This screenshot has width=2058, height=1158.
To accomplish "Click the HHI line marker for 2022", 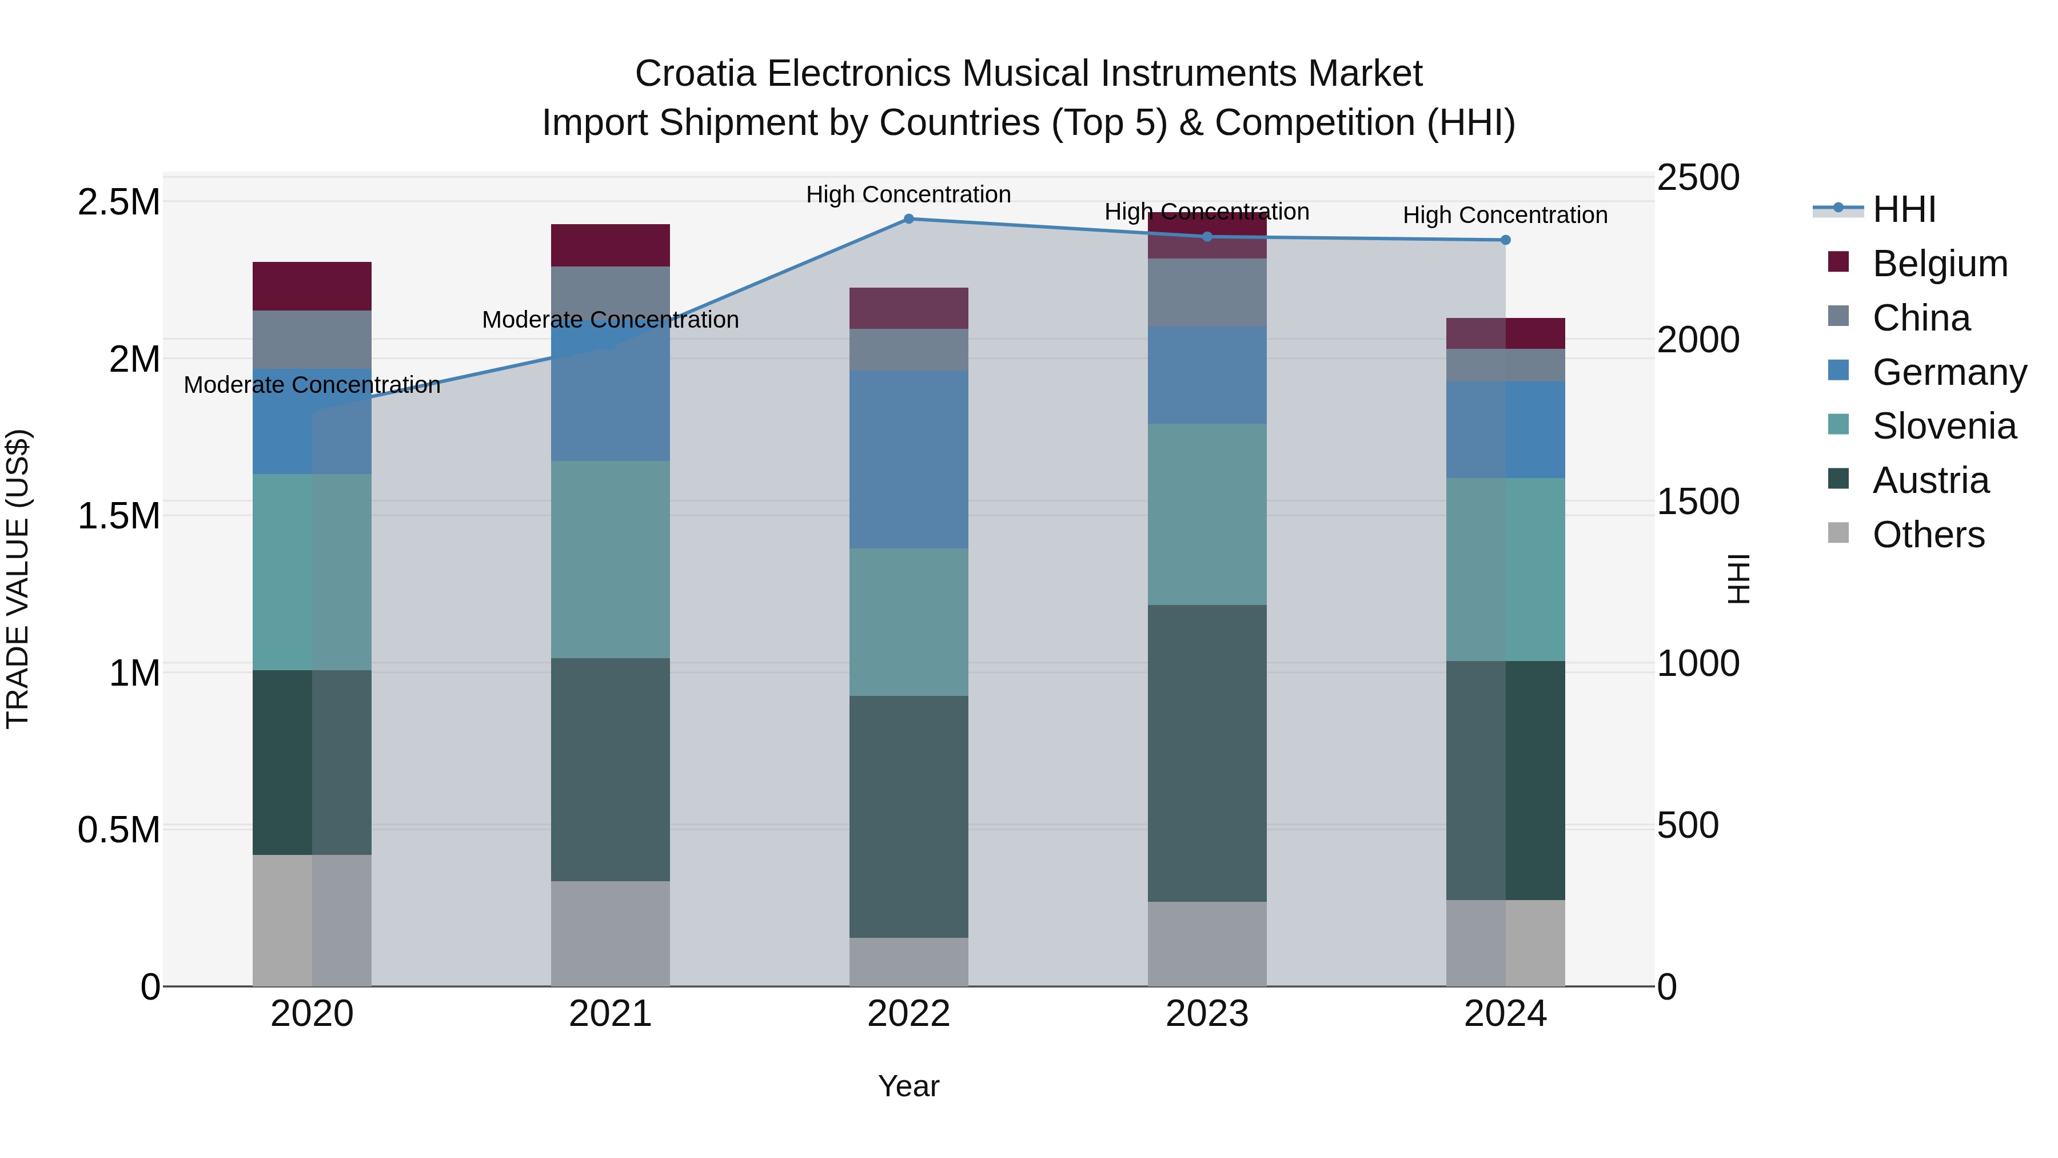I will pos(908,219).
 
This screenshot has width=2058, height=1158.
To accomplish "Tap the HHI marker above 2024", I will pos(1505,240).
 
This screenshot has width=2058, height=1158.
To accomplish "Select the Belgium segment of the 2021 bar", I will pos(611,245).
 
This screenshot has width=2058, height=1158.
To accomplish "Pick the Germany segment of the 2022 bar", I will pos(908,460).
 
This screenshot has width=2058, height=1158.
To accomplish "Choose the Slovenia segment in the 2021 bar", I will pos(611,559).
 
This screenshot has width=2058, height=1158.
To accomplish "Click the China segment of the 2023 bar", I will pos(1207,292).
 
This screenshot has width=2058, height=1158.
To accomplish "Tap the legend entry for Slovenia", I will pos(1944,426).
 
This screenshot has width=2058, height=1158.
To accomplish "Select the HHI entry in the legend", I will pos(1904,209).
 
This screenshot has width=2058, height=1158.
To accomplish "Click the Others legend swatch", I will pos(1838,533).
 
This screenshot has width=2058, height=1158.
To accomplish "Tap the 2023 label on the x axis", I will pos(1207,1014).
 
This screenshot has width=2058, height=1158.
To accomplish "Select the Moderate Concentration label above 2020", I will pos(312,385).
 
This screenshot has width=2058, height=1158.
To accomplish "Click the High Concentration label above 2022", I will pos(908,195).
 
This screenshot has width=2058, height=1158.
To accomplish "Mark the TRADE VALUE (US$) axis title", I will pos(18,579).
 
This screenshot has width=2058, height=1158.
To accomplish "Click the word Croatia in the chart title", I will pos(695,74).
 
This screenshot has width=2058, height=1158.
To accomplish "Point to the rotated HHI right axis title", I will pos(1738,579).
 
